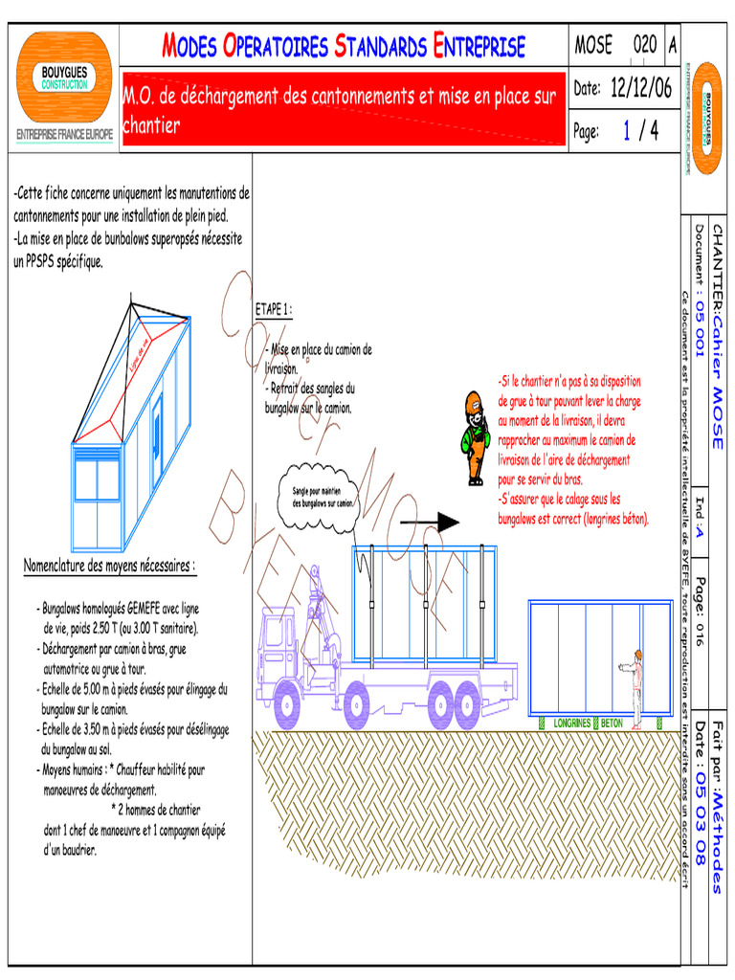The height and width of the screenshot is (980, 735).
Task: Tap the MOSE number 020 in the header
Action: [645, 45]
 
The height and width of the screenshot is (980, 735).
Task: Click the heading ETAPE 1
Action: [273, 310]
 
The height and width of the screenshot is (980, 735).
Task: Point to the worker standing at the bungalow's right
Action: [635, 689]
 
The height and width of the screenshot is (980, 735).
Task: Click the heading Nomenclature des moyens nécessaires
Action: [109, 566]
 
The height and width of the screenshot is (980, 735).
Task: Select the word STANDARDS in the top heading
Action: [380, 46]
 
